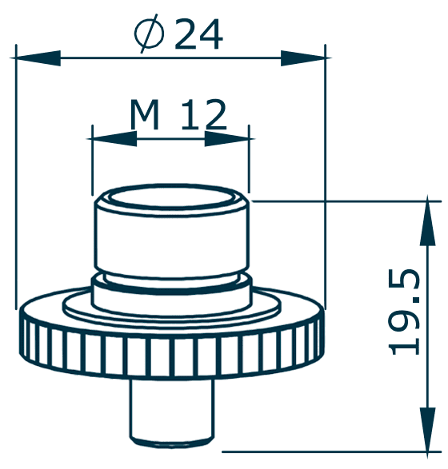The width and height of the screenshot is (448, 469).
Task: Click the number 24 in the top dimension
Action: click(x=198, y=34)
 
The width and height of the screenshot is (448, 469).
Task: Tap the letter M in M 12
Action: click(x=145, y=117)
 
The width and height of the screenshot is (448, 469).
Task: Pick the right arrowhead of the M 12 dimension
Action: click(x=227, y=138)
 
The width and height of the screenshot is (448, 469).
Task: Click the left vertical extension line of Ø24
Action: click(x=16, y=176)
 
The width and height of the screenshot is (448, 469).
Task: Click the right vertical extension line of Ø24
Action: click(x=326, y=176)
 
